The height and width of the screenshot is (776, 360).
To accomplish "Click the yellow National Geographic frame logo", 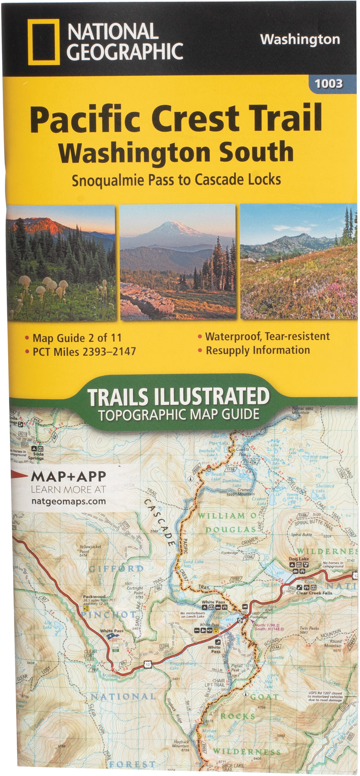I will click(44, 42).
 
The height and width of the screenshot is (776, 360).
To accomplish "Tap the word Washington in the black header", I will click(300, 40).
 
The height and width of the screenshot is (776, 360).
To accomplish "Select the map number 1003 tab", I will click(329, 83).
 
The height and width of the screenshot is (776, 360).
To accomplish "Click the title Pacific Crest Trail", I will click(176, 118).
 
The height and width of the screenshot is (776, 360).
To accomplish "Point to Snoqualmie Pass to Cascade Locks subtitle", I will click(176, 179).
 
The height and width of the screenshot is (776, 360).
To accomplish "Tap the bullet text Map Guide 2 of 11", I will click(77, 338).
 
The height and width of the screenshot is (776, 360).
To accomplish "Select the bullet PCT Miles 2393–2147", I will click(84, 351).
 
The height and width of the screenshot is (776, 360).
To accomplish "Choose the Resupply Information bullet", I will click(258, 350).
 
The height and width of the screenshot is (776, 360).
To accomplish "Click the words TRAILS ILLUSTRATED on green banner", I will click(178, 397).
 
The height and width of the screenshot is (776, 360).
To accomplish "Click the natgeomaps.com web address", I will click(68, 501).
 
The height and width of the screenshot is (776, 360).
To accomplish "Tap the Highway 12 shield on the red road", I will click(148, 664).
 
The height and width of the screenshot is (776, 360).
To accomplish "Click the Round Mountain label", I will click(335, 644).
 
